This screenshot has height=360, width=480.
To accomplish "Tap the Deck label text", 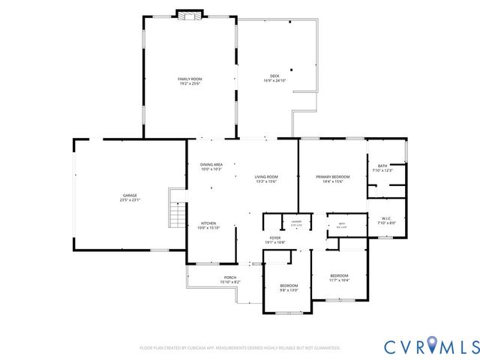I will (x=274, y=76).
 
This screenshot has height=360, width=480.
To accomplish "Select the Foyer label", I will (x=275, y=238).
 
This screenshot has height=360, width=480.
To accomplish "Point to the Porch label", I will (x=229, y=278).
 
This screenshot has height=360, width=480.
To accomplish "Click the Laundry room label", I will (x=296, y=222).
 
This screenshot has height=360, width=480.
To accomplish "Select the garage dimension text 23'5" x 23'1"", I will (x=130, y=200).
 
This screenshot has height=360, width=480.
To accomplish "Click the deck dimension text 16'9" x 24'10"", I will (x=274, y=80).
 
